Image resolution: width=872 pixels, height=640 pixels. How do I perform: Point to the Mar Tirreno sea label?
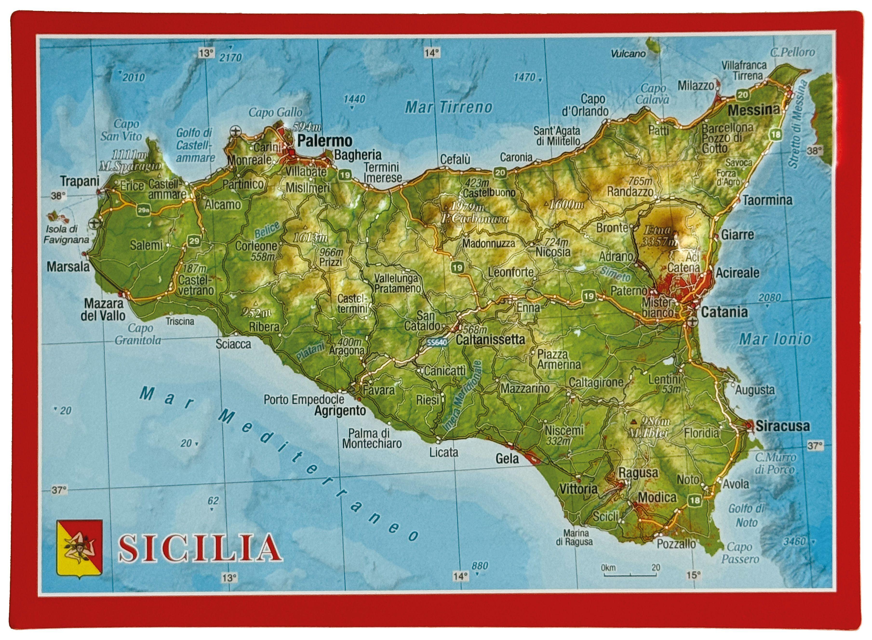pos(448,107)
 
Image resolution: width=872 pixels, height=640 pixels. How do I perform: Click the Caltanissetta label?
pos(490,340)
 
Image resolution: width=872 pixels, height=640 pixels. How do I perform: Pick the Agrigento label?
pos(340,411)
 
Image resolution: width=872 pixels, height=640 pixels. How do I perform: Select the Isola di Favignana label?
pos(66,234)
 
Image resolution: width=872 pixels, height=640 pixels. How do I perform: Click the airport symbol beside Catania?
pos(692,321)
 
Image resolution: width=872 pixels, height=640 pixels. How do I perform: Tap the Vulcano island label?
pos(628,54)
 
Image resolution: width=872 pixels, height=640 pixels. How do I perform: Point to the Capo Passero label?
pos(739,553)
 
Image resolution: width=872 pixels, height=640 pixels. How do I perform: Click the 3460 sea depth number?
pos(794,541)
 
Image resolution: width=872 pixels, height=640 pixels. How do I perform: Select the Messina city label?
pos(753,110)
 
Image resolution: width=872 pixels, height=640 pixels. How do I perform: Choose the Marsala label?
pos(68,267)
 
